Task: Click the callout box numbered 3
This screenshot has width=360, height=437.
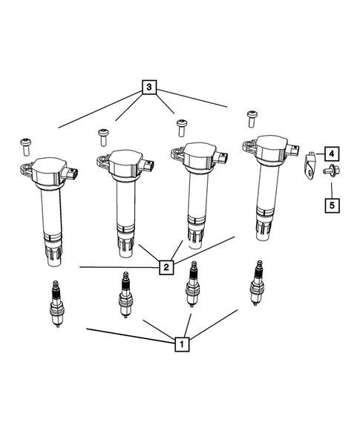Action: coord(151,88)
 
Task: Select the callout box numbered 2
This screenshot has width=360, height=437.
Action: coord(168,265)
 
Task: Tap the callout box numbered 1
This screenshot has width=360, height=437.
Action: coord(179,344)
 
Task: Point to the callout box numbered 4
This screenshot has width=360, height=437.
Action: coord(330,154)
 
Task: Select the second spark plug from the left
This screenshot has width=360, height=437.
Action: coord(125,294)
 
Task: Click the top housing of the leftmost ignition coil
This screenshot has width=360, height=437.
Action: coord(46,173)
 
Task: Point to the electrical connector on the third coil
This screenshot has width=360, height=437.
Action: coord(223,157)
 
